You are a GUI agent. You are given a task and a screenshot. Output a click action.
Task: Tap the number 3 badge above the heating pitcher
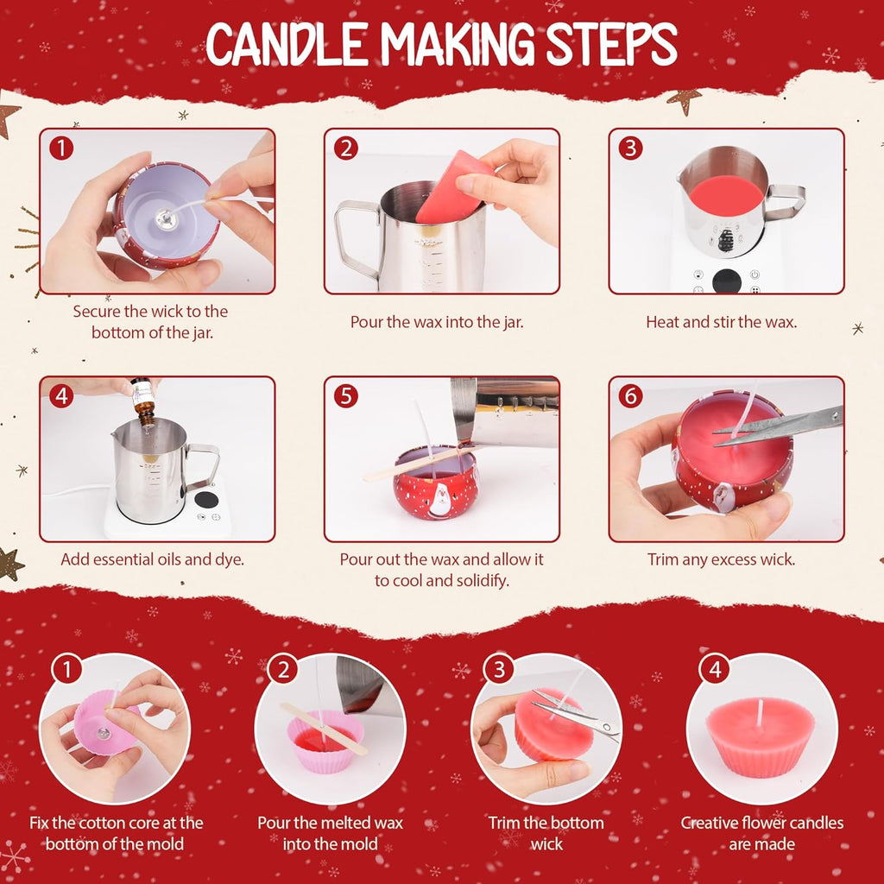tap(630, 148)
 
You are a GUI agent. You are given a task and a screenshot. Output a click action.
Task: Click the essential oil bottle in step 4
tap(142, 401)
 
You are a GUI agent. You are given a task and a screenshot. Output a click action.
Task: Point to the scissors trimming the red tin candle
tap(778, 426)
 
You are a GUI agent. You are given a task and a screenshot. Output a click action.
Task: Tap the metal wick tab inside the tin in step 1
tap(167, 217)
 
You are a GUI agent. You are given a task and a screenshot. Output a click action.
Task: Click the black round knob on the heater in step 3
tap(727, 281)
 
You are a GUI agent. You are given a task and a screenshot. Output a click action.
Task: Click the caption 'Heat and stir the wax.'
tap(721, 322)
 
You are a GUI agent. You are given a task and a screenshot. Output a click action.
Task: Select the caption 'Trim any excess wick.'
tap(721, 559)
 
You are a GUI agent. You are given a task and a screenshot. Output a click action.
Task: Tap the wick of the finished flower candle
tap(760, 712)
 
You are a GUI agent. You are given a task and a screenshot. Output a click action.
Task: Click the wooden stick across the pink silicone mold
tap(324, 729)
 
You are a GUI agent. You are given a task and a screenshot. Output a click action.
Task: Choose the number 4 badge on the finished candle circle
tap(716, 670)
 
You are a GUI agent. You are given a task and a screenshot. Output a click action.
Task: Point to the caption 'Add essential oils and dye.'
tap(152, 559)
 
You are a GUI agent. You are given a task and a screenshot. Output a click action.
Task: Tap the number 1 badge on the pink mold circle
tap(67, 670)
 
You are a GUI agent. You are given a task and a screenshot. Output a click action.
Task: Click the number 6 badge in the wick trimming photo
tap(630, 395)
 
